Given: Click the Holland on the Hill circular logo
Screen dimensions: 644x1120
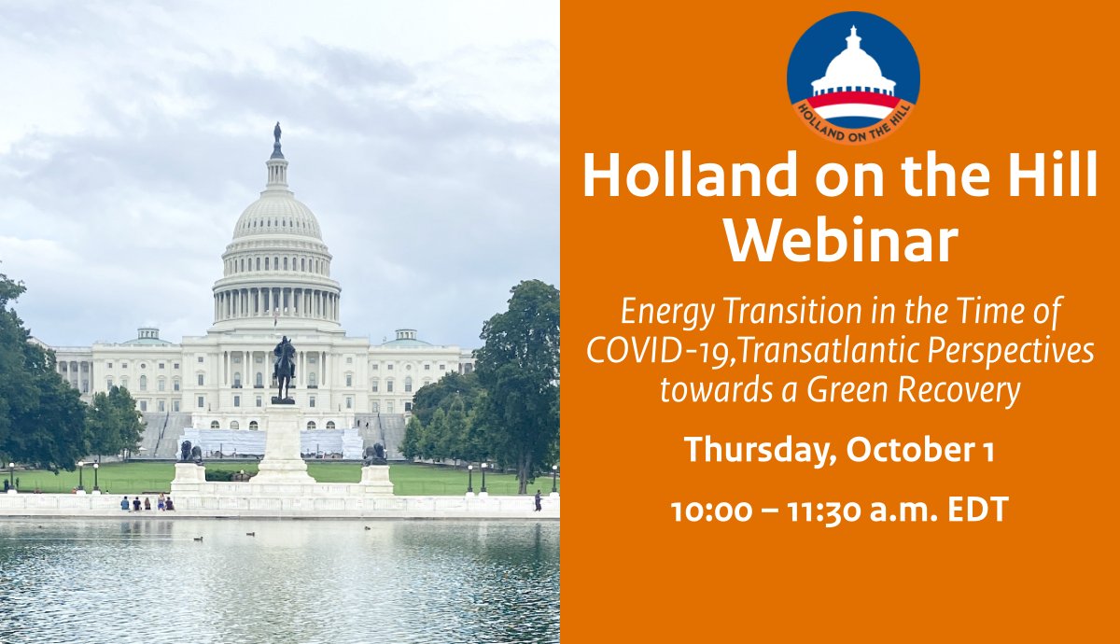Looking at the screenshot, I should coord(853,77).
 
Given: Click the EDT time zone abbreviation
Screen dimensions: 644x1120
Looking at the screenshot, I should coord(973,511).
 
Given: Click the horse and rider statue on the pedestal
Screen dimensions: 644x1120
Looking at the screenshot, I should coord(284,368).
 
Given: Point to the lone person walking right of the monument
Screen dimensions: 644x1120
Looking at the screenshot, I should coord(538,501).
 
